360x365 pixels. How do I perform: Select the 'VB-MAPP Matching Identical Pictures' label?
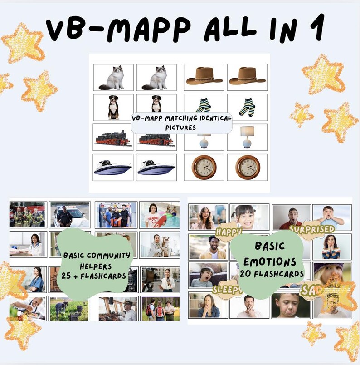click(181, 123)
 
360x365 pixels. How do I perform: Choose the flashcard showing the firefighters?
click(28, 215)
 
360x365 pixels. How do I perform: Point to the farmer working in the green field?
click(69, 309)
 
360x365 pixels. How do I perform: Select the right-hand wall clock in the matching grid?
click(247, 168)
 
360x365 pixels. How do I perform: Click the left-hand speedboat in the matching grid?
click(113, 168)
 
